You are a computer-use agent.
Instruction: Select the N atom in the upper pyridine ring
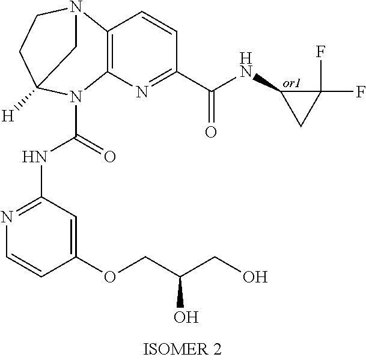[142, 92]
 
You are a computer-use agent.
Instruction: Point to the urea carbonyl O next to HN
[110, 158]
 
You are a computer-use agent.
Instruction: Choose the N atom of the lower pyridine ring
[8, 217]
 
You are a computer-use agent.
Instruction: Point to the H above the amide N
[245, 58]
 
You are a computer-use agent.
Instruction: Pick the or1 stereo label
[291, 85]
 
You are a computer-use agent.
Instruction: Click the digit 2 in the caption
[217, 349]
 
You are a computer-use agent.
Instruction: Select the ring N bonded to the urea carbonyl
[74, 96]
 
